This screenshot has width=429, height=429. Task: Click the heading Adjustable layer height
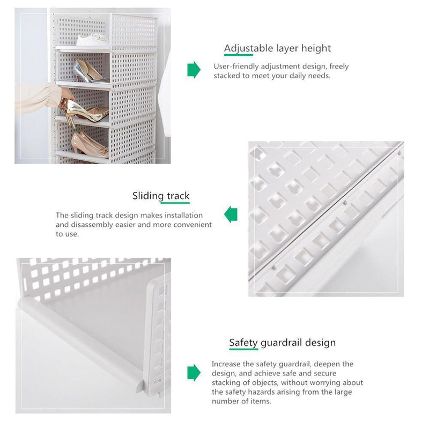[x=277, y=48]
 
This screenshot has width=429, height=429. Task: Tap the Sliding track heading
[x=161, y=196]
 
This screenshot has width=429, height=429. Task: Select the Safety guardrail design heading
[x=283, y=343]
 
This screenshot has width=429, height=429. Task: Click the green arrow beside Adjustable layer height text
[x=194, y=70]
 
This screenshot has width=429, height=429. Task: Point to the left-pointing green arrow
[x=231, y=214]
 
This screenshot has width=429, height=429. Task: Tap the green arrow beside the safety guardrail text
[x=194, y=373]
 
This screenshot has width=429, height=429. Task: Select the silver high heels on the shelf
[x=89, y=71]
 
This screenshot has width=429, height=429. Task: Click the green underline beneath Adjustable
[x=239, y=55]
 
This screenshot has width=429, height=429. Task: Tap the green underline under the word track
[x=175, y=203]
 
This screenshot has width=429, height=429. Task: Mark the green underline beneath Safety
[x=243, y=349]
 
